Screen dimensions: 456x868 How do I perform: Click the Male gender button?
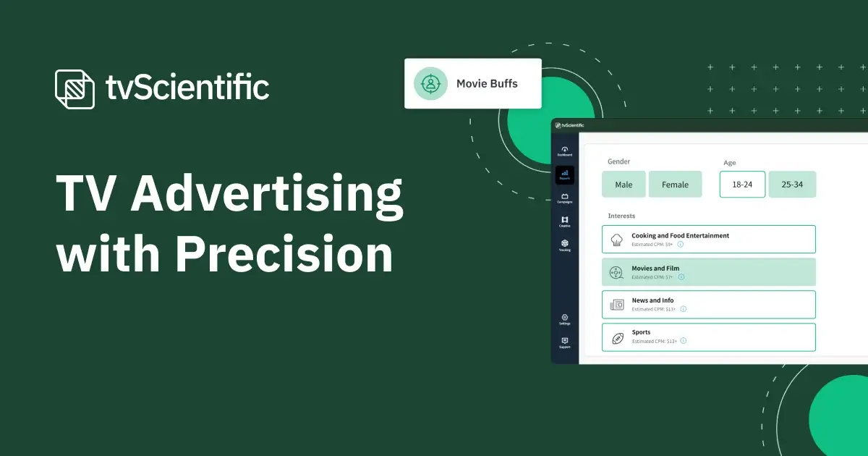point(624,185)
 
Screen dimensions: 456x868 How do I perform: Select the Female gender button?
point(675,185)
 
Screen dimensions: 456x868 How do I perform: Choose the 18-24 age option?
point(742,185)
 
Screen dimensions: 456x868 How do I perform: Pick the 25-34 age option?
point(791,185)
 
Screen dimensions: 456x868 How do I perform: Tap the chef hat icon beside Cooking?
point(617,240)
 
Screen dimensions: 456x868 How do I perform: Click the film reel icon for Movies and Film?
point(617,272)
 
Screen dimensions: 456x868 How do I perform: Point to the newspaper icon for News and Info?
point(617,305)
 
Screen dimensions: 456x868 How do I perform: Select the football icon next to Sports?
point(617,337)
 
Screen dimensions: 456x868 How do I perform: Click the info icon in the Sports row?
point(683,341)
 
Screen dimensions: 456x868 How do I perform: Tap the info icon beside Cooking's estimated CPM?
point(681,245)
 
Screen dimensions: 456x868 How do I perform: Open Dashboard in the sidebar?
point(565,151)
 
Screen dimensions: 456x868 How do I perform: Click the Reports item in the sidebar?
point(565,175)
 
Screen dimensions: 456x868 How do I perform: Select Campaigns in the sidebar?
point(565,198)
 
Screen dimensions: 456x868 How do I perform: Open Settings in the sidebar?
point(565,319)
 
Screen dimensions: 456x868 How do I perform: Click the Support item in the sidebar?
point(565,342)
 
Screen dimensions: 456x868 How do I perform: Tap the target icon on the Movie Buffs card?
point(431,83)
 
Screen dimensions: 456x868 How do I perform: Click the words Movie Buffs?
point(487,83)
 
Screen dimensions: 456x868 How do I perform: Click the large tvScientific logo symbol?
point(75,89)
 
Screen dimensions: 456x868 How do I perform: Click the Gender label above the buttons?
point(618,161)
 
